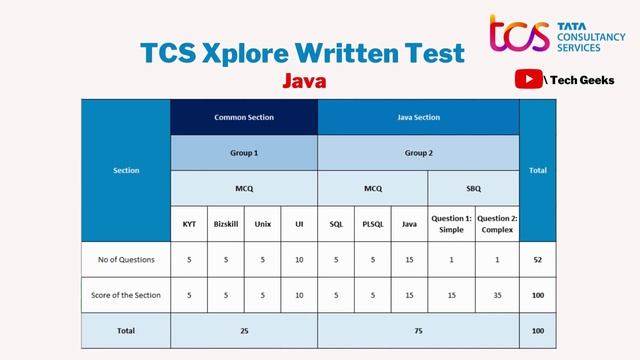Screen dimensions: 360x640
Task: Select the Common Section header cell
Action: [x=244, y=117]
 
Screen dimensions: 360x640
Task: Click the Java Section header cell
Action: [x=418, y=117]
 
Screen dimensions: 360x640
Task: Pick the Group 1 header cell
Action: [x=244, y=153]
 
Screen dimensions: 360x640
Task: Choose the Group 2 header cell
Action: [x=418, y=153]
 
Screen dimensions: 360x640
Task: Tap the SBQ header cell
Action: [x=473, y=187]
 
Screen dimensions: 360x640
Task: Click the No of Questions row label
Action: [x=126, y=259]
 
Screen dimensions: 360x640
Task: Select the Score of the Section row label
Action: [x=126, y=295]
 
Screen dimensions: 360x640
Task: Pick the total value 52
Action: [x=538, y=259]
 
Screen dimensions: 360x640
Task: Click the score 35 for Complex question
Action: [x=497, y=295]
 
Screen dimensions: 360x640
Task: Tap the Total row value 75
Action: [x=418, y=330]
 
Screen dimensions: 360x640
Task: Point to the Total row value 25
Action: [x=244, y=330]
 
